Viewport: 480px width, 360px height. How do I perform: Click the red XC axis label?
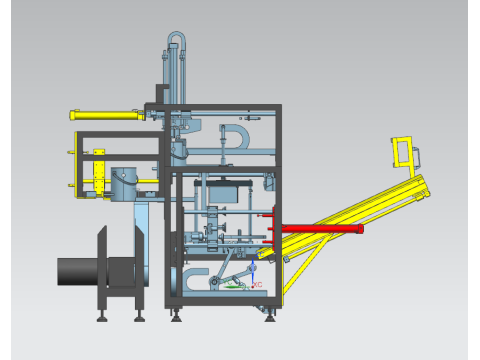257,285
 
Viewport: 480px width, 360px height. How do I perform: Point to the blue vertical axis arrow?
253,271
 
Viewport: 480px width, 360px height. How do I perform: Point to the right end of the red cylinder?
360,229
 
